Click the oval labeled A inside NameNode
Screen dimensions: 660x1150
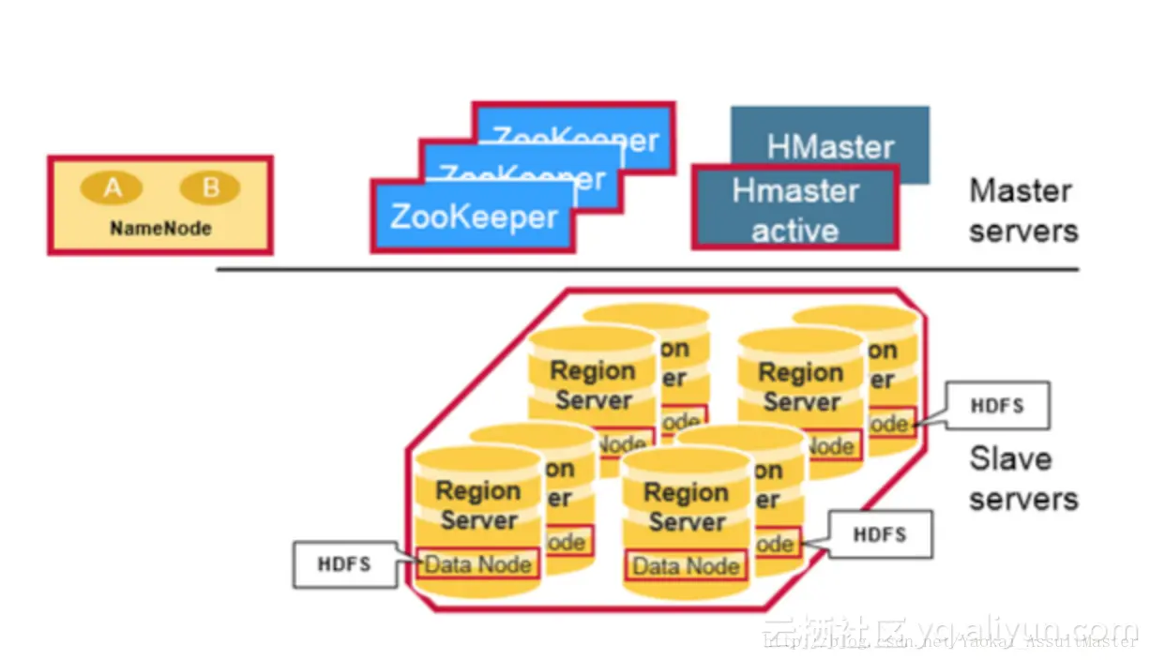click(112, 188)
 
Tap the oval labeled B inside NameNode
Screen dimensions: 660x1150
click(210, 188)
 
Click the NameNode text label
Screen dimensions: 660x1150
click(160, 228)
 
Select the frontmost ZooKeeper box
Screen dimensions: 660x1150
click(473, 217)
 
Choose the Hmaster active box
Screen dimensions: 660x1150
click(794, 209)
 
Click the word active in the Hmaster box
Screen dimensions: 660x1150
click(794, 230)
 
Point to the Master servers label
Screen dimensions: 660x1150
click(1021, 210)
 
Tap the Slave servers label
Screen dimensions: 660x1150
click(1021, 478)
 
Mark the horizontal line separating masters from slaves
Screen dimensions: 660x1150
click(647, 270)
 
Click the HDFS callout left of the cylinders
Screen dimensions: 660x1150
click(344, 564)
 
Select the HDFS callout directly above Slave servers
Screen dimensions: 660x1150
click(996, 406)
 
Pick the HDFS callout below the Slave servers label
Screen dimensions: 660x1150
click(880, 534)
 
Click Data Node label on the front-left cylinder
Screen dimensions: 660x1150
click(478, 564)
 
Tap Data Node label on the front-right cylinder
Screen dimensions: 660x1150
click(686, 566)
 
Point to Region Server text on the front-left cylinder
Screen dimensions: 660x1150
click(478, 505)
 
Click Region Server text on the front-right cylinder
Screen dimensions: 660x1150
click(687, 507)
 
